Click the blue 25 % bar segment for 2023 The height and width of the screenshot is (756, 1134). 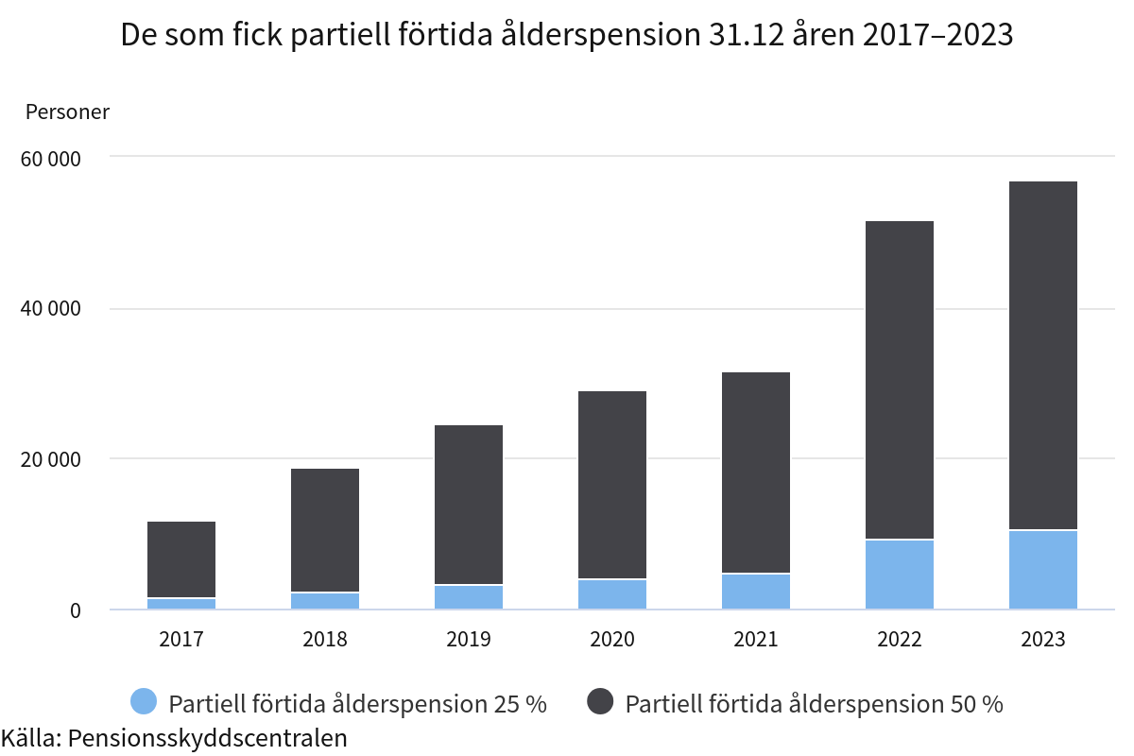click(x=1042, y=570)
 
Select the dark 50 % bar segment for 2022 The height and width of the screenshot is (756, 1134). click(x=899, y=380)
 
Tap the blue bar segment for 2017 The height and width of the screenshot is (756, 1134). click(x=181, y=603)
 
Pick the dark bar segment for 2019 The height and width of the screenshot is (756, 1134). click(x=469, y=505)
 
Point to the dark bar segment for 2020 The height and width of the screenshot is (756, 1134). click(x=612, y=485)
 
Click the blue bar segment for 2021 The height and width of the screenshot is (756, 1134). click(x=756, y=591)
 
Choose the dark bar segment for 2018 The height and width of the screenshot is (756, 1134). click(x=325, y=530)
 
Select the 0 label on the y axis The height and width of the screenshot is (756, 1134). click(x=76, y=611)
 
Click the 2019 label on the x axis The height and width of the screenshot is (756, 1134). click(x=469, y=640)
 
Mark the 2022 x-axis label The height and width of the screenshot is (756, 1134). click(x=899, y=640)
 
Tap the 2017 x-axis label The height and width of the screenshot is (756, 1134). click(x=181, y=640)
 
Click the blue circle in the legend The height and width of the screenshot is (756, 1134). click(x=144, y=702)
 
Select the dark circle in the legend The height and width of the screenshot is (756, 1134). click(x=600, y=702)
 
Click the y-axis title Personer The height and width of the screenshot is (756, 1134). click(x=67, y=112)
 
